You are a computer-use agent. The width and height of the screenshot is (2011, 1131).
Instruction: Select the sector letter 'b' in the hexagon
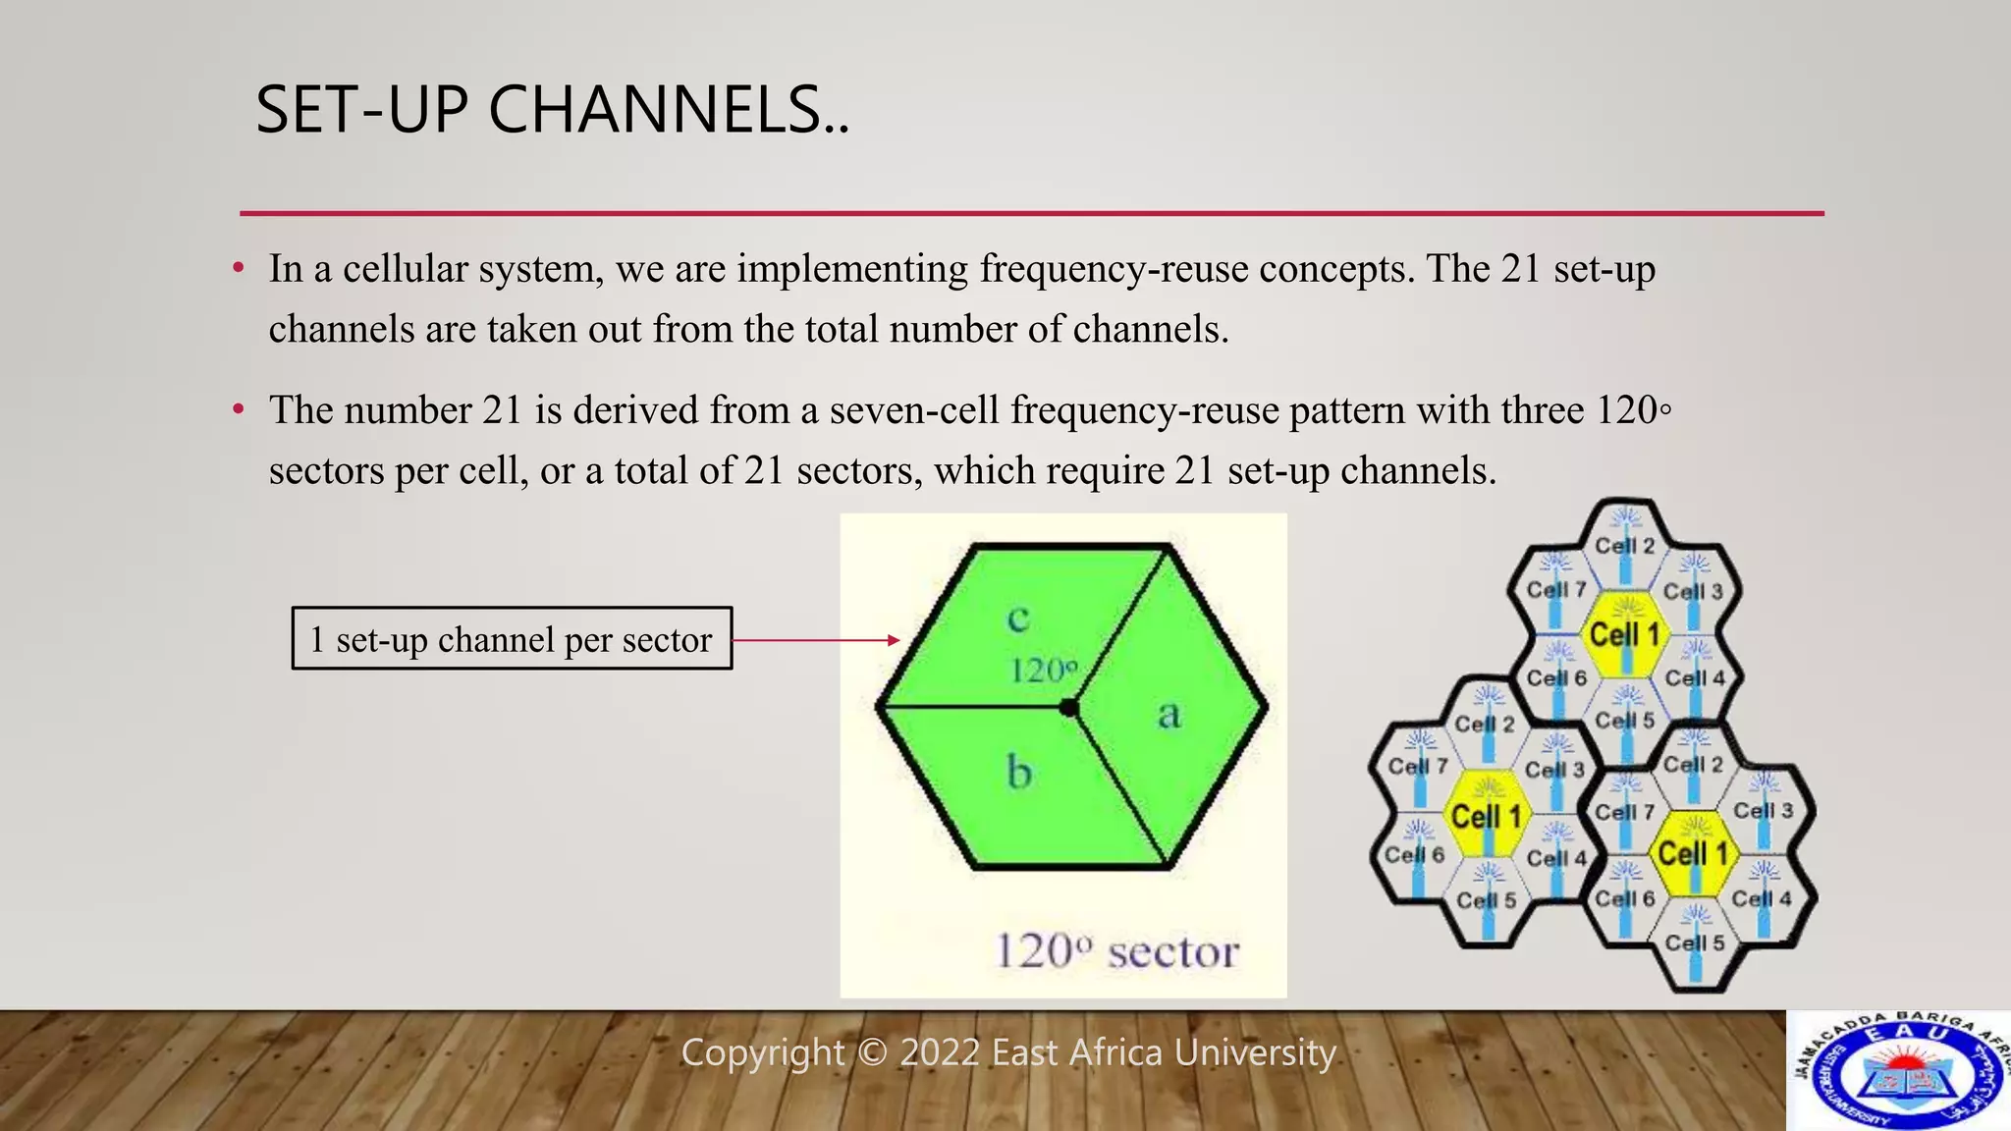(x=1019, y=773)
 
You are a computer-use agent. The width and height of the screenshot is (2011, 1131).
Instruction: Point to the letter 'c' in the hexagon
(x=1018, y=619)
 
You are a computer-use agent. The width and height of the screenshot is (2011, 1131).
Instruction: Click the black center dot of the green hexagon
(x=1069, y=708)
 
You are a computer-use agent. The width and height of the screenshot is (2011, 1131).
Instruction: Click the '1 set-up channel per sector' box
(x=512, y=639)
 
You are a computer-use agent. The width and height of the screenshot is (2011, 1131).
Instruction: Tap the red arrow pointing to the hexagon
(x=815, y=640)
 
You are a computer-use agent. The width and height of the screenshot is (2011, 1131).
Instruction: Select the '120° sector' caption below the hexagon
(x=1116, y=951)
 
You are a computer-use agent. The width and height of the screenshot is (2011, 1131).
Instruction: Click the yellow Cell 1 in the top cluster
(x=1625, y=635)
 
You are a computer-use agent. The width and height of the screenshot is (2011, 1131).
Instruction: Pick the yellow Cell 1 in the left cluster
(x=1486, y=816)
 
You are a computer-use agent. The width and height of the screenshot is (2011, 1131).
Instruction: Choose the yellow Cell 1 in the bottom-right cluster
(x=1693, y=853)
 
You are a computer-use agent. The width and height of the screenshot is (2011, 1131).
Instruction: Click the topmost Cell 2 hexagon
(x=1625, y=545)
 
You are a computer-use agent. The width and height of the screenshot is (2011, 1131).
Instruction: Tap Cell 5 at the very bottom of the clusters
(x=1694, y=943)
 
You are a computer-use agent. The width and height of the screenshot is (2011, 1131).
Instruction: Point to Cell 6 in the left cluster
(x=1414, y=855)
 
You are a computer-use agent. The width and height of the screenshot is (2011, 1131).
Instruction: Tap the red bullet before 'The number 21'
(x=238, y=408)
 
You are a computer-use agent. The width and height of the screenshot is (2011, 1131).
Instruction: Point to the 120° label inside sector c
(x=1043, y=672)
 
